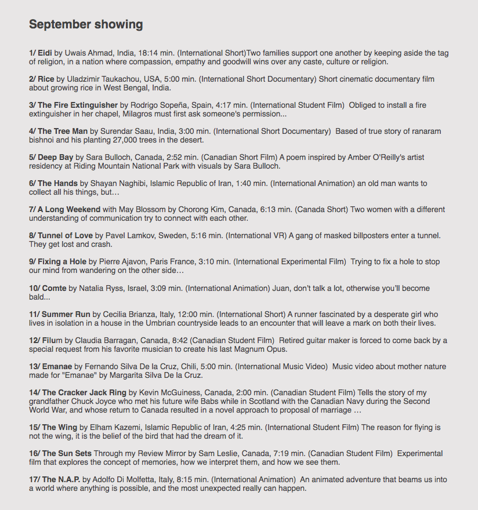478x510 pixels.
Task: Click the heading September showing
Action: [x=86, y=24]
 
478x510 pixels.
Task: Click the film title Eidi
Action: [x=45, y=53]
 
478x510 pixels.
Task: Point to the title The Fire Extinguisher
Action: [x=77, y=105]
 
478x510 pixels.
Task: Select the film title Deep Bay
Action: [x=56, y=157]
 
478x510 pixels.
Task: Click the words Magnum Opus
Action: [x=261, y=349]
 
